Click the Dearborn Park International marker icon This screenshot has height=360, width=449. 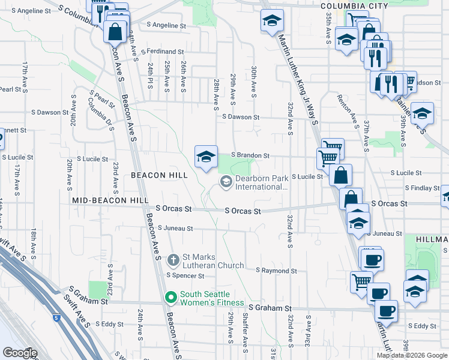click(x=226, y=181)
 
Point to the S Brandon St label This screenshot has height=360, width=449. click(x=249, y=155)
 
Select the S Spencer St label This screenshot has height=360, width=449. click(x=185, y=276)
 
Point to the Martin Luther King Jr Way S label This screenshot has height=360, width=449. click(x=298, y=78)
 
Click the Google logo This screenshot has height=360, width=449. click(x=19, y=353)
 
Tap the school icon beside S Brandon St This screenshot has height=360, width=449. click(x=206, y=157)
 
